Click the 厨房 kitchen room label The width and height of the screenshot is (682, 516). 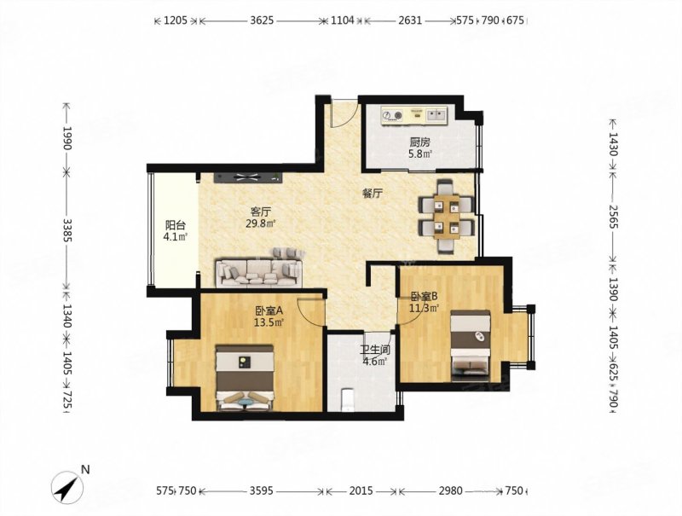point(419,142)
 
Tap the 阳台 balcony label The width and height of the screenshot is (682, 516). point(176,225)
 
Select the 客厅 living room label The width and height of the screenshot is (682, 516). point(261,212)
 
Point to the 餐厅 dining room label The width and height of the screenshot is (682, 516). point(373,194)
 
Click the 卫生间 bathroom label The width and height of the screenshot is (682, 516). point(375,350)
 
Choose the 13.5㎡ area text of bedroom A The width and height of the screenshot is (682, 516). point(269,322)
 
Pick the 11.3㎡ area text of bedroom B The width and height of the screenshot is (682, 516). point(424,308)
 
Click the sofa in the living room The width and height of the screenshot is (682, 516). point(259,268)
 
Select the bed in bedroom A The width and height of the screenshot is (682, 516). point(245,378)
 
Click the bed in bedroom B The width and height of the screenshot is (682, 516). point(471,346)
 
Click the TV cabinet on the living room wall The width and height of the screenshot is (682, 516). point(248,177)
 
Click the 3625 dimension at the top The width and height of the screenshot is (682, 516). point(262,20)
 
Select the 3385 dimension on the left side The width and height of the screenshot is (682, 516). point(66,229)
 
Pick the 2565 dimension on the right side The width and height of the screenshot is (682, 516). point(612,217)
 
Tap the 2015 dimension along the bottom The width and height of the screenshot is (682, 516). point(361,491)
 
